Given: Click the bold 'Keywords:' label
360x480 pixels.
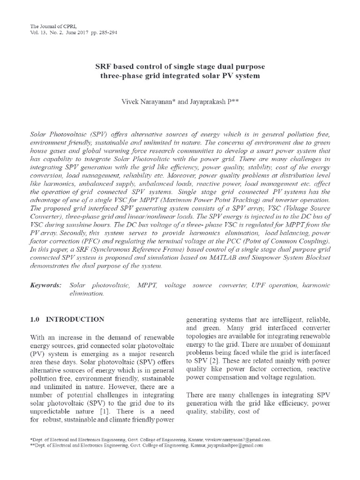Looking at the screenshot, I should coord(45,285).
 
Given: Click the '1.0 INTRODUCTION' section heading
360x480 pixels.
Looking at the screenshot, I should coord(67,319).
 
